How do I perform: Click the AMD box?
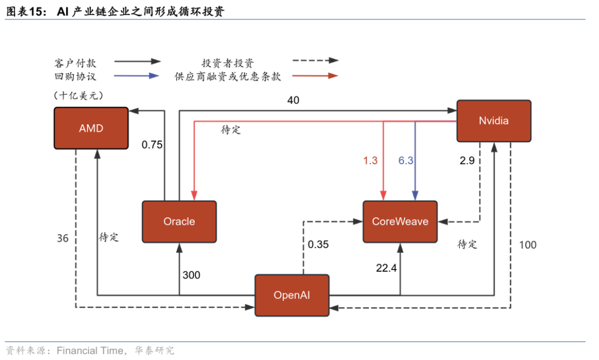pyautogui.click(x=91, y=128)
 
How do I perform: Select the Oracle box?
pyautogui.click(x=179, y=221)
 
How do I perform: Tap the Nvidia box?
pyautogui.click(x=493, y=121)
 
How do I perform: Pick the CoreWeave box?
pyautogui.click(x=400, y=221)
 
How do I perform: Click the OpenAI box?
pyautogui.click(x=292, y=295)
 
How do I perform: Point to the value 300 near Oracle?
pyautogui.click(x=191, y=275)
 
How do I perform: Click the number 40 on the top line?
pyautogui.click(x=293, y=100)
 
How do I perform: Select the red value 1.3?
pyautogui.click(x=370, y=161)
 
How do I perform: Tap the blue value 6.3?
pyautogui.click(x=406, y=161)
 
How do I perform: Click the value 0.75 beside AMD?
pyautogui.click(x=152, y=145)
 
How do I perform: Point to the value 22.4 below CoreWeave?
pyautogui.click(x=387, y=268)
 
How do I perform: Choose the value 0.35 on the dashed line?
pyautogui.click(x=318, y=244)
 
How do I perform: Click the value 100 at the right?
pyautogui.click(x=527, y=245)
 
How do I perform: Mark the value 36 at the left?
pyautogui.click(x=63, y=238)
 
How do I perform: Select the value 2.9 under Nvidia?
pyautogui.click(x=468, y=161)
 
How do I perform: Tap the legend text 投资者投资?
pyautogui.click(x=228, y=63)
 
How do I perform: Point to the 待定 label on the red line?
pyautogui.click(x=231, y=130)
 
